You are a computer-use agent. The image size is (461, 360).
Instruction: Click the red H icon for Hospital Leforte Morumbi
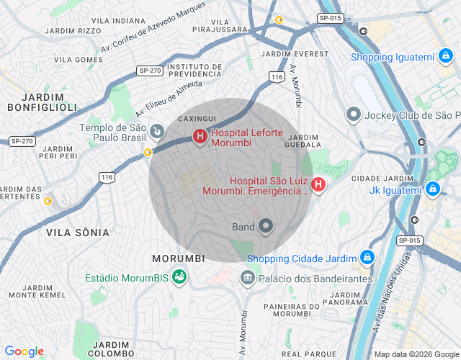[200, 135]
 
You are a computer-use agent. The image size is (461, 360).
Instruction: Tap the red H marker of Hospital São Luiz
[318, 185]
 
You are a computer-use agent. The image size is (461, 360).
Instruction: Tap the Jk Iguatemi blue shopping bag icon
[432, 189]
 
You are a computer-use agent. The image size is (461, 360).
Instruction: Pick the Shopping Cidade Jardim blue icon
[367, 258]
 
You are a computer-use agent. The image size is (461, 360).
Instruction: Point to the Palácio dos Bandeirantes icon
[248, 277]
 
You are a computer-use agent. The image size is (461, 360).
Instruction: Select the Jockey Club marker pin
[354, 114]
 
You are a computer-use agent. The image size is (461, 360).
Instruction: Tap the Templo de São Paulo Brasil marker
[156, 131]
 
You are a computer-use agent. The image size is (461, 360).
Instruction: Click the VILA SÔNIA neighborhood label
[78, 233]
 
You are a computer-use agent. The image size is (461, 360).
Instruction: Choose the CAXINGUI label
[197, 117]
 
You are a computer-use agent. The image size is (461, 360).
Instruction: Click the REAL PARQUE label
[309, 354]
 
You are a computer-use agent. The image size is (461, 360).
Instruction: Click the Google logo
[24, 351]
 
